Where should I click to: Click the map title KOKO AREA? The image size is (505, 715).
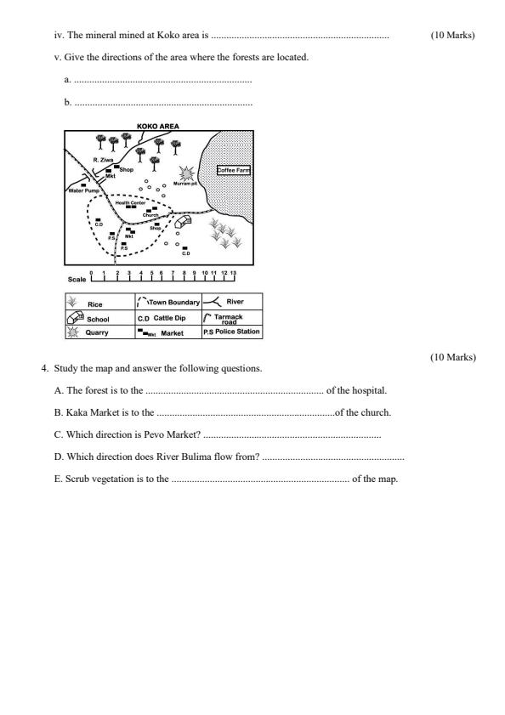coord(157,127)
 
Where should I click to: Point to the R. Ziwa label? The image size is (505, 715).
coord(103,159)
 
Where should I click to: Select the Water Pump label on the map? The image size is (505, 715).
coord(83,190)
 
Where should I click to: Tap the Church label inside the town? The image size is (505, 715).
coord(150,214)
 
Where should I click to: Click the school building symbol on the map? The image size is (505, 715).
coord(181,223)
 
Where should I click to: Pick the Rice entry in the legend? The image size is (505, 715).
coord(95,303)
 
